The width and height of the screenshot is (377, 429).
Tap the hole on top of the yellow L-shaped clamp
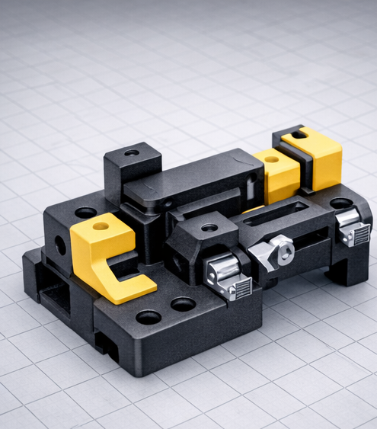(x=101, y=226)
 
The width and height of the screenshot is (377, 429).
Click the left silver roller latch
(x=221, y=269)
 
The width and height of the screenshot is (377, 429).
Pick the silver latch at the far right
(x=349, y=223)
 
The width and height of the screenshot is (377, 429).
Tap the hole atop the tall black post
(x=132, y=152)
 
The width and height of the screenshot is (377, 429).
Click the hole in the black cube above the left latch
(x=209, y=227)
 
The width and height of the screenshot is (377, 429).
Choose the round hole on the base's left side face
(x=60, y=245)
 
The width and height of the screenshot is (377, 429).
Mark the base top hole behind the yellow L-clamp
(x=86, y=213)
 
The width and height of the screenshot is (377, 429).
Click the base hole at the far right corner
(x=341, y=203)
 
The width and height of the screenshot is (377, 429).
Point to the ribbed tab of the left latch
(x=241, y=290)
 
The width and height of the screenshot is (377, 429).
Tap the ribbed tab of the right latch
(x=358, y=235)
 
